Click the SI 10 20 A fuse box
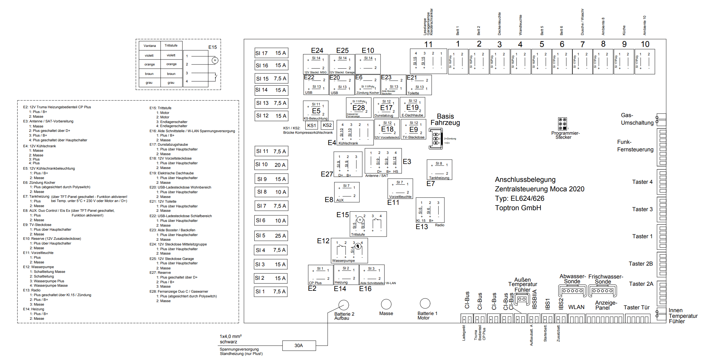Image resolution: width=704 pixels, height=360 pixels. [271, 165]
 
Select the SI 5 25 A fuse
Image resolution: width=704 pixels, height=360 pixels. [271, 235]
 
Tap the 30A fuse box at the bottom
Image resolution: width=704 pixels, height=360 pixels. [299, 346]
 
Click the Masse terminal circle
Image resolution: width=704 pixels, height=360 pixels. [386, 304]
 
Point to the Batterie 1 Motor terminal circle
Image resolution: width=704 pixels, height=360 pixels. [425, 303]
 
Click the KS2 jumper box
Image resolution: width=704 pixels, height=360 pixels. [327, 125]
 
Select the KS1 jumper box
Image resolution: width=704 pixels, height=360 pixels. [312, 125]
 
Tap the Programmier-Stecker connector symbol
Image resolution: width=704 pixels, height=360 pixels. [562, 124]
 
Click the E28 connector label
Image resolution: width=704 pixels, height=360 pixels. [358, 108]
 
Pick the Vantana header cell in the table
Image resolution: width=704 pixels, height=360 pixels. [150, 46]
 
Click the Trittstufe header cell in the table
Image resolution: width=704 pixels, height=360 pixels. [171, 46]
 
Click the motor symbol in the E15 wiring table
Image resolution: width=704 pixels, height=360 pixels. [215, 60]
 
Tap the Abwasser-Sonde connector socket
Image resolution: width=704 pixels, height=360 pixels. [572, 290]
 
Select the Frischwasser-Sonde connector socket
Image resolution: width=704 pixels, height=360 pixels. [602, 290]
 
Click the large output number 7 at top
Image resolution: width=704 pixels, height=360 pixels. [583, 44]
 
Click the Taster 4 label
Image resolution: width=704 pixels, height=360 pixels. [642, 182]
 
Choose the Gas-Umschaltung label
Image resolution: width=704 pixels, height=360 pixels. [637, 119]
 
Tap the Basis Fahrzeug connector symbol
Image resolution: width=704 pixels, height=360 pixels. [436, 138]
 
